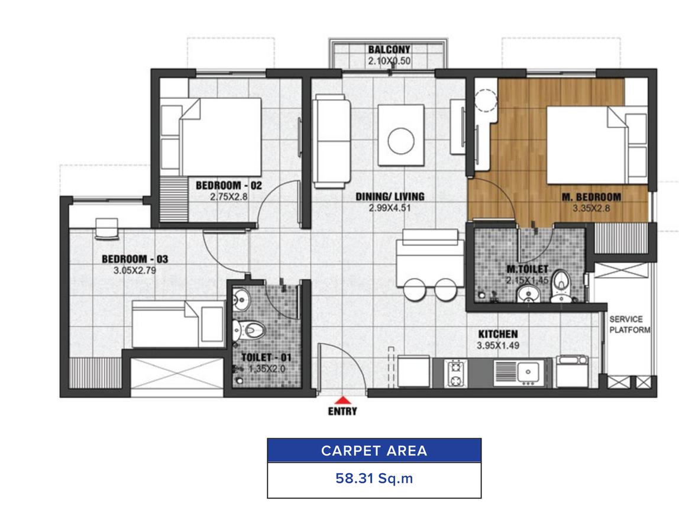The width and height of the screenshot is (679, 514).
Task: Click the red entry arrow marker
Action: [342, 400]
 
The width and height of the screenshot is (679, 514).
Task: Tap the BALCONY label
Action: [389, 49]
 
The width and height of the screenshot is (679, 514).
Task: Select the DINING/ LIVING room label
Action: [390, 196]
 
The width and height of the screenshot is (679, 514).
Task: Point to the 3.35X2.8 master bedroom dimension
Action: [591, 208]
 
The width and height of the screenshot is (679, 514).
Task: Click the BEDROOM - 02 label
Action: [229, 186]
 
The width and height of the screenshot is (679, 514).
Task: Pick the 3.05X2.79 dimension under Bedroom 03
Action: [135, 271]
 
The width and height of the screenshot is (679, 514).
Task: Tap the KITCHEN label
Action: [498, 334]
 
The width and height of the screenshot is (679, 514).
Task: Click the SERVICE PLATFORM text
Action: [630, 324]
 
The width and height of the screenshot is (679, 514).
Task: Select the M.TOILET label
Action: [527, 269]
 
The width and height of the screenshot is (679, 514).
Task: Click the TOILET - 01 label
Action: [266, 358]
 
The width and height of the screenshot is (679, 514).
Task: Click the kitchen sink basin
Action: [528, 371]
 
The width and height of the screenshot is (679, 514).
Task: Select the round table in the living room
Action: [401, 141]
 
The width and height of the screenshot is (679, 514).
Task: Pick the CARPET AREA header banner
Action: [374, 451]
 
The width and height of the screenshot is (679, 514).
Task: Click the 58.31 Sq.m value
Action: [374, 479]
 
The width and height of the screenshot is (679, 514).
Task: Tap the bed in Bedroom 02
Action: [211, 137]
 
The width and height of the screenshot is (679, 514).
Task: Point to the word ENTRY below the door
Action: [342, 411]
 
